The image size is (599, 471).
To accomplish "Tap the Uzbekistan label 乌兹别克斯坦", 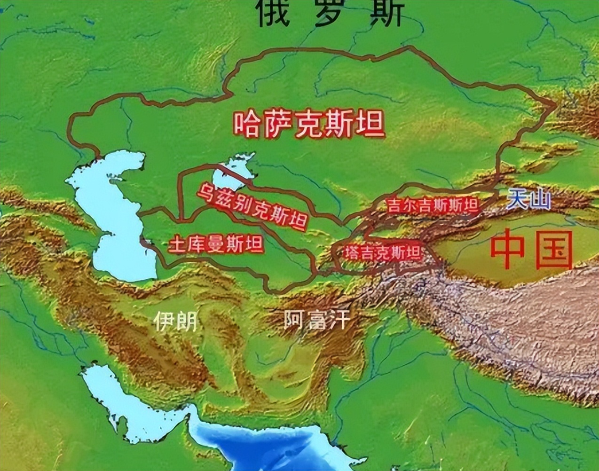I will pos(252,206).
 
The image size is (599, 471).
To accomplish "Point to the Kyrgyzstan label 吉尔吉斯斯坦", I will pos(432,205).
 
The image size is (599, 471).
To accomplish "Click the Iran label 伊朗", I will pos(175,322).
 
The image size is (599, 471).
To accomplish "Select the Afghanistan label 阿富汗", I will pos(317,320).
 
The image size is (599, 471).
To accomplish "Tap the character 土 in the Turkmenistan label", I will pos(177,244).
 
